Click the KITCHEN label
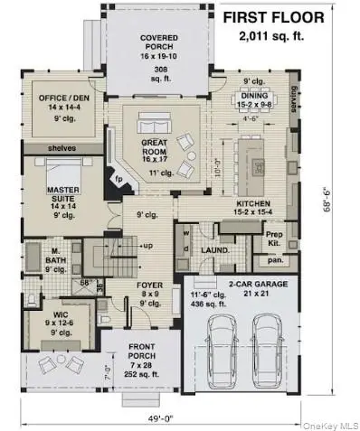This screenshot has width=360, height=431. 254,205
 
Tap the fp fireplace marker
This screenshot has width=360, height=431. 116,179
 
